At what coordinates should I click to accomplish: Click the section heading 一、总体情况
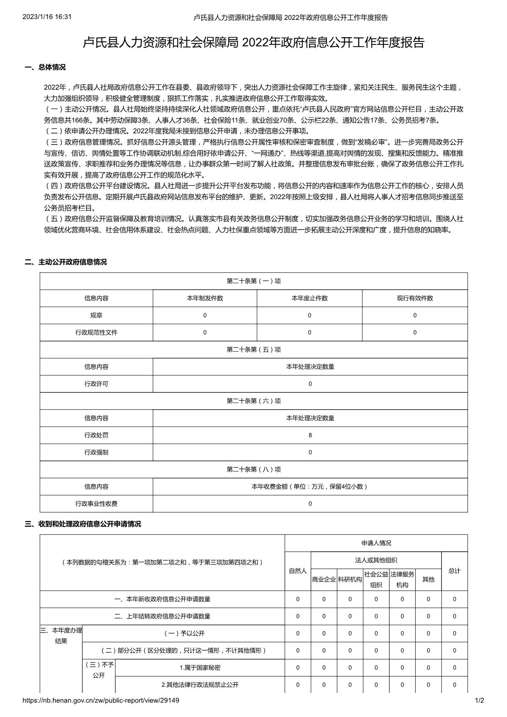coord(45,67)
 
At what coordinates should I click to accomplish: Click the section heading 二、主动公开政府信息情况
coord(66,262)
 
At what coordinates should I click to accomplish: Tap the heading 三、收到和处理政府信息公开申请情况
coord(83,524)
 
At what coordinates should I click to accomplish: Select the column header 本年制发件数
coord(205,298)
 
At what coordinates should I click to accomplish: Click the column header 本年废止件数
coord(310,298)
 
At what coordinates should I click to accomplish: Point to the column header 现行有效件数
coord(415,298)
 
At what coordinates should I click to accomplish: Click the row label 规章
coord(96,315)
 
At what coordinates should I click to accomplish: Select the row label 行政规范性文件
coord(96,332)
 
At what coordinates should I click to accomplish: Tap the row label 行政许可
coord(96,384)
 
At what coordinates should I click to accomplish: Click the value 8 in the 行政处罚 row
coord(310,435)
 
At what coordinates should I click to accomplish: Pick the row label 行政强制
coord(96,452)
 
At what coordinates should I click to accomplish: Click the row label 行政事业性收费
coord(96,504)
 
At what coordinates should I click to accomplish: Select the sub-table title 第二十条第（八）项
coord(254,469)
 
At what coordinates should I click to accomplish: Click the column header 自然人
coord(298,571)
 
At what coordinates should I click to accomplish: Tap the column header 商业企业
coord(324,579)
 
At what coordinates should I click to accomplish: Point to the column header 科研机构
coord(350,579)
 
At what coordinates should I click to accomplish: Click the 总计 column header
coord(455,571)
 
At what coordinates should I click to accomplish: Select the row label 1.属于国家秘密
coord(200,668)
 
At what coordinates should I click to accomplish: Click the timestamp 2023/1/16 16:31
coord(47,17)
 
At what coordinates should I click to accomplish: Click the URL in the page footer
coord(101,701)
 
